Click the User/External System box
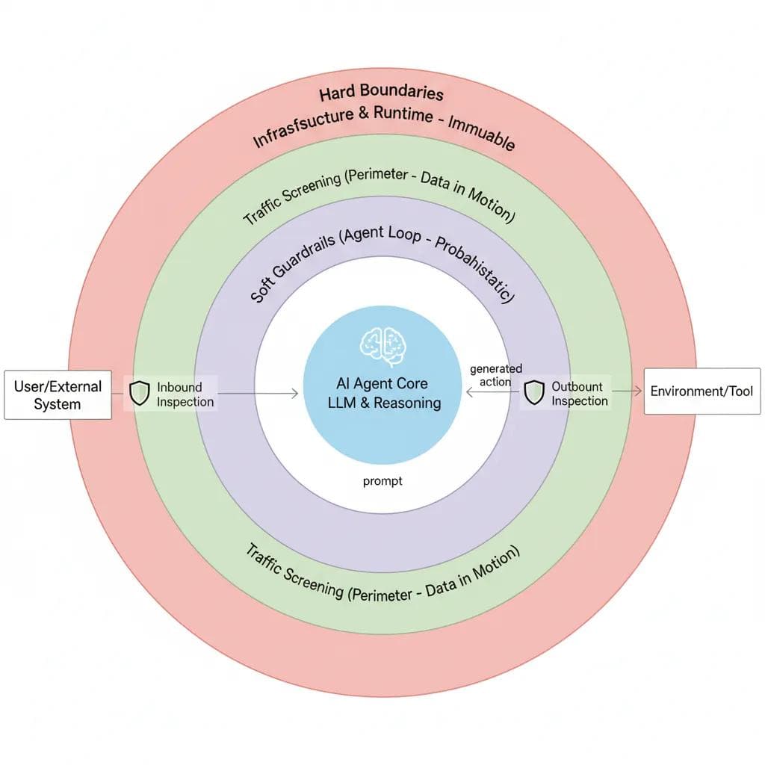click(58, 395)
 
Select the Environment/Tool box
click(701, 391)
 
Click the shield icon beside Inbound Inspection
click(140, 393)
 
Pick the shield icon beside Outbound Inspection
click(533, 392)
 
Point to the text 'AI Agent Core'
click(382, 384)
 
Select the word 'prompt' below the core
click(382, 481)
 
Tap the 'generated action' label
click(496, 375)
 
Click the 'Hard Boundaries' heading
click(381, 93)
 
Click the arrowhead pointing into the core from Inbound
click(295, 393)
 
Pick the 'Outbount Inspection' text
click(579, 394)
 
